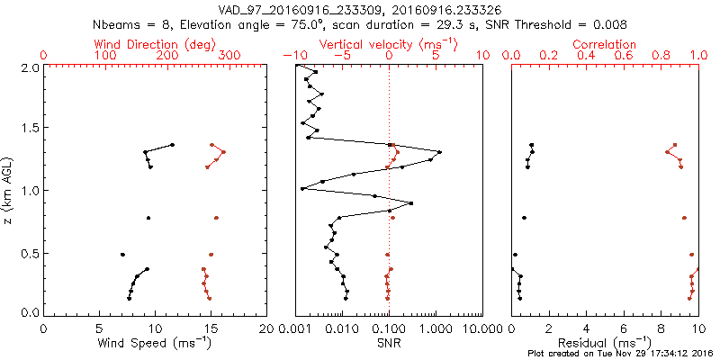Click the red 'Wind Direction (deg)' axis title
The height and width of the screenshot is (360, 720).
pyautogui.click(x=155, y=44)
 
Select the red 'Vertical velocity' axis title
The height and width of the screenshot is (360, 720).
pyautogui.click(x=388, y=44)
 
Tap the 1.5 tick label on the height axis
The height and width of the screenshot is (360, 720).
pyautogui.click(x=29, y=128)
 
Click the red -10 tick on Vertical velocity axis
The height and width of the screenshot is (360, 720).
pyautogui.click(x=295, y=56)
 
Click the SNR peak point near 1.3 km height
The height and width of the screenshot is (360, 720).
pyautogui.click(x=439, y=151)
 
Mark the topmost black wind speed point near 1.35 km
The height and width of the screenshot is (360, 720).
pyautogui.click(x=172, y=144)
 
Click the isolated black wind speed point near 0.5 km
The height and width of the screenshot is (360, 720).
pyautogui.click(x=122, y=255)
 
